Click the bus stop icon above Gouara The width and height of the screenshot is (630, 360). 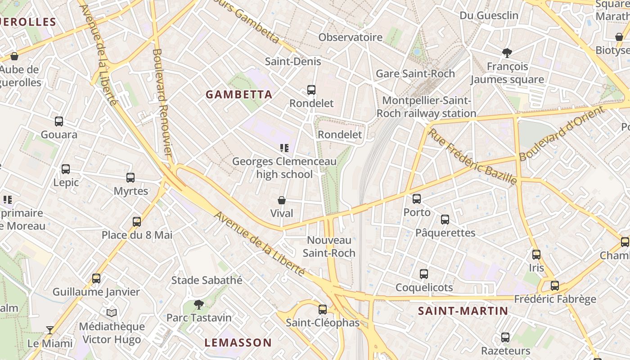click(x=59, y=121)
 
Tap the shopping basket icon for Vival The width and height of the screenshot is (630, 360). click(x=282, y=200)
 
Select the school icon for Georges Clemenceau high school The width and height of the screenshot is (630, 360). click(x=284, y=148)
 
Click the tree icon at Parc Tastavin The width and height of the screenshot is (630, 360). click(x=198, y=305)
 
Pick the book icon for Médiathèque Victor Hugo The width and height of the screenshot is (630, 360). click(x=112, y=313)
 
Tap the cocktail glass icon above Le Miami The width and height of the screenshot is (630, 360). click(x=50, y=330)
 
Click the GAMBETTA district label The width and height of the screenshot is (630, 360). click(x=239, y=94)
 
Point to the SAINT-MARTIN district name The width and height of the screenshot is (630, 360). click(x=463, y=311)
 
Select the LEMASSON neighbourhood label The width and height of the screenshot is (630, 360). click(x=238, y=342)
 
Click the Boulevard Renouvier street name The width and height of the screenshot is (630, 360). click(x=162, y=102)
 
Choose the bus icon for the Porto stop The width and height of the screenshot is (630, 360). click(x=417, y=199)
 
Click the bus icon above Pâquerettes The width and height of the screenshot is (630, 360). click(x=445, y=220)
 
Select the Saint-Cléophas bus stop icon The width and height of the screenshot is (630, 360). click(x=323, y=310)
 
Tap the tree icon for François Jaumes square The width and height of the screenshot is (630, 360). click(x=507, y=53)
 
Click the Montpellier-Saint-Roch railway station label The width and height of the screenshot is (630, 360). click(x=426, y=107)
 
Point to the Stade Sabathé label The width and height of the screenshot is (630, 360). click(x=207, y=280)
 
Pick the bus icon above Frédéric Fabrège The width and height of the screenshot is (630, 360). click(x=555, y=286)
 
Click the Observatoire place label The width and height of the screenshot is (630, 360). click(x=351, y=37)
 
